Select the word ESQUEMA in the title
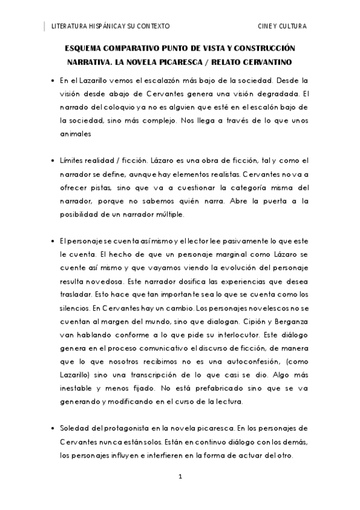(84, 48)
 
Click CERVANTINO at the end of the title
(267, 61)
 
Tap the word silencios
(75, 309)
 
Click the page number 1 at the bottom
(180, 476)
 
